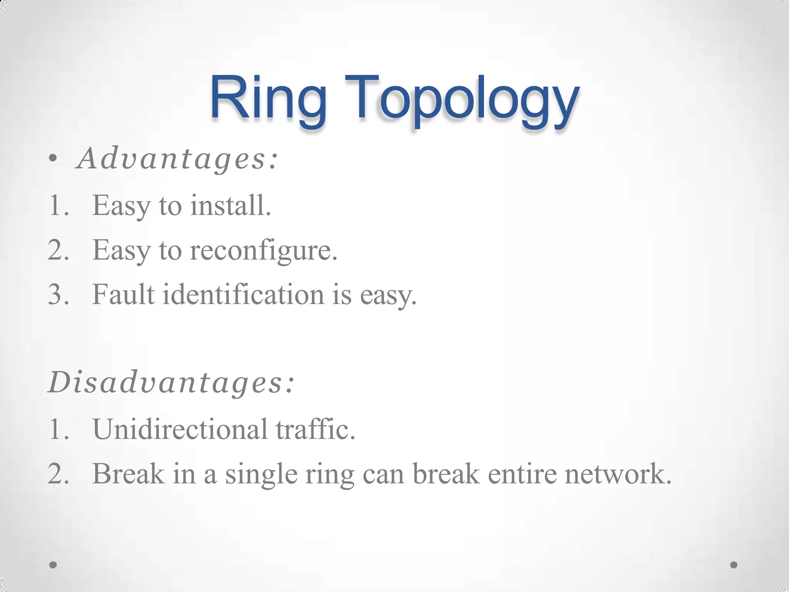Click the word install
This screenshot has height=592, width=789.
(230, 205)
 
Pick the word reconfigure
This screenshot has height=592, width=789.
(264, 251)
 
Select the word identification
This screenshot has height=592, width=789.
(243, 295)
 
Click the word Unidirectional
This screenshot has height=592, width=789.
(180, 429)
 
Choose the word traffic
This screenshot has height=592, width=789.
(315, 429)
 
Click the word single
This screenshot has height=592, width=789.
(261, 474)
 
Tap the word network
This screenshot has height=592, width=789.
(618, 474)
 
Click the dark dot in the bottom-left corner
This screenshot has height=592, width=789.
(53, 565)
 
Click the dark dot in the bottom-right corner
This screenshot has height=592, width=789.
(734, 565)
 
